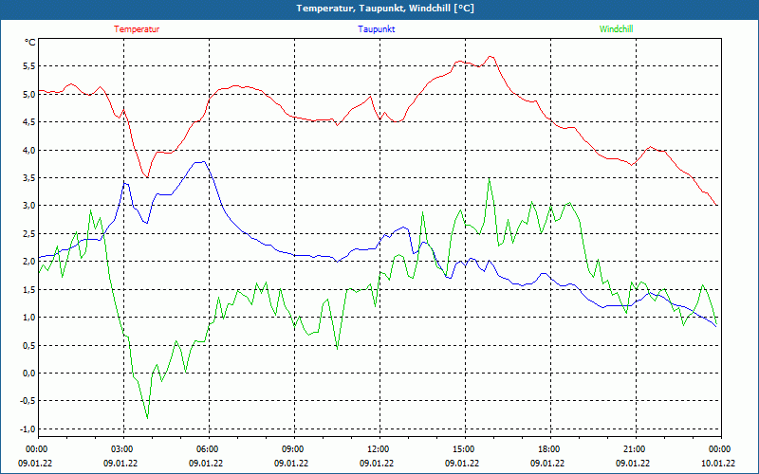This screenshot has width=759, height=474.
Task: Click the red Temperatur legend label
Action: [x=137, y=29]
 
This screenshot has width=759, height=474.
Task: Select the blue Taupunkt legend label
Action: [x=377, y=29]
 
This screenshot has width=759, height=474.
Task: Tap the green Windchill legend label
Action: [x=617, y=29]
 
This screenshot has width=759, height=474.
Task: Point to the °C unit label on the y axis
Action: [x=30, y=42]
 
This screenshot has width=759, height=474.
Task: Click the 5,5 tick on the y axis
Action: [x=28, y=66]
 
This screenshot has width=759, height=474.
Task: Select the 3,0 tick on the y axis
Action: [x=28, y=206]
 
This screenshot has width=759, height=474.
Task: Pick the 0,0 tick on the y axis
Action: [x=28, y=373]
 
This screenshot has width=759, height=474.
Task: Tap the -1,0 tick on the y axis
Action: [x=28, y=428]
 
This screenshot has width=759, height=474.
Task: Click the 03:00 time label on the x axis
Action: [x=122, y=448]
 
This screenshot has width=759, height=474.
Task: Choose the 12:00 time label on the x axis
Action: [x=378, y=448]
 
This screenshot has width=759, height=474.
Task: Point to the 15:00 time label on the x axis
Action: [x=463, y=448]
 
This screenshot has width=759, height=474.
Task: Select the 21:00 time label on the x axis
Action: [x=634, y=448]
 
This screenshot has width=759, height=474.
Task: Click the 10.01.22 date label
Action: [x=717, y=464]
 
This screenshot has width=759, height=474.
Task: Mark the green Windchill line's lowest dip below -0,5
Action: [x=147, y=417]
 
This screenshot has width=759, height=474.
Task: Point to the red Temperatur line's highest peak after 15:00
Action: [x=491, y=56]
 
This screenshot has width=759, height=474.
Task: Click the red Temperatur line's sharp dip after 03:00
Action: [x=147, y=177]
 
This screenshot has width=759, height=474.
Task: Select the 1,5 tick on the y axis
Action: [x=28, y=289]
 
